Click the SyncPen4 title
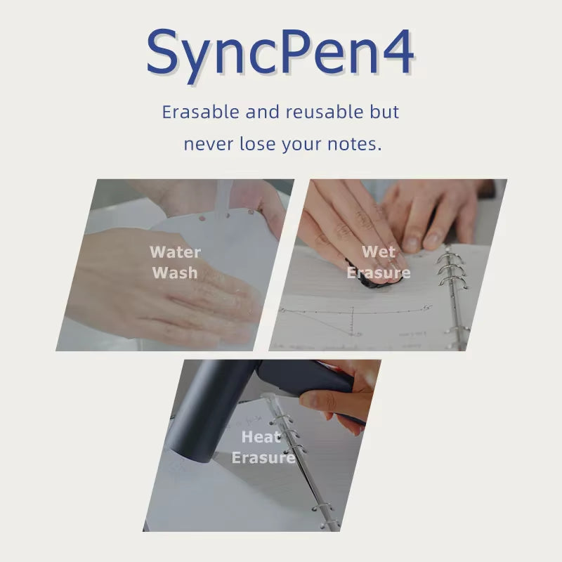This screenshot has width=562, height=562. pyautogui.click(x=280, y=53)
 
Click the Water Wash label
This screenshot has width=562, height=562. pyautogui.click(x=175, y=262)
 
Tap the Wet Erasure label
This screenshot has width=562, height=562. pyautogui.click(x=379, y=261)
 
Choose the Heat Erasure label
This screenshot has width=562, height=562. pyautogui.click(x=263, y=447)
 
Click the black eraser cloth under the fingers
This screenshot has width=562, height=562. pyautogui.click(x=383, y=280)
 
